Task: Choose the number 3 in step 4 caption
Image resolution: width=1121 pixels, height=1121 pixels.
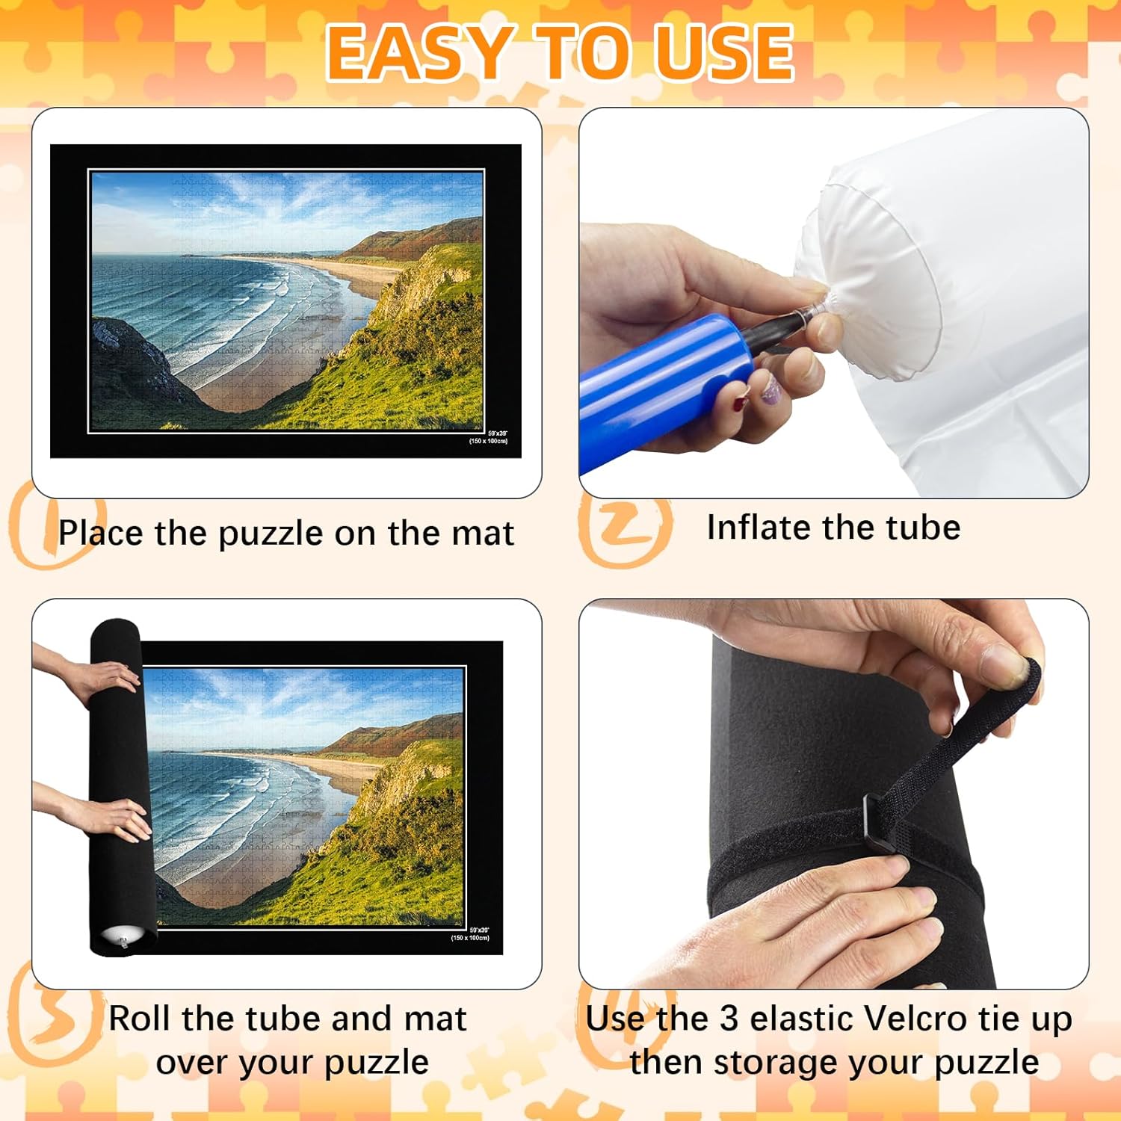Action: [x=729, y=1019]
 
